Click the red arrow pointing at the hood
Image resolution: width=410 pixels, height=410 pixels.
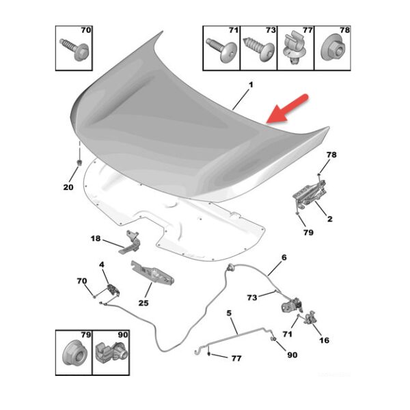click(x=287, y=109)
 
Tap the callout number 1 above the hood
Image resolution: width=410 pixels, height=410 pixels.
click(x=251, y=85)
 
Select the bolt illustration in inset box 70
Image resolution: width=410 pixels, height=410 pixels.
click(x=74, y=49)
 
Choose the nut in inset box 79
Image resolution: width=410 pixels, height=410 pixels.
click(x=74, y=355)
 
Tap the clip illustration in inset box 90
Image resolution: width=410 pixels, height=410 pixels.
click(x=111, y=353)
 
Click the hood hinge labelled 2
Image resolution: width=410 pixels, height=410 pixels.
click(x=310, y=195)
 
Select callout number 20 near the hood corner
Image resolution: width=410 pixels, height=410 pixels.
click(x=68, y=187)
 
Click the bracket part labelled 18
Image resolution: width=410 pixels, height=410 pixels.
click(x=130, y=242)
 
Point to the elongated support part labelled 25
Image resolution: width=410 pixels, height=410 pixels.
click(x=152, y=274)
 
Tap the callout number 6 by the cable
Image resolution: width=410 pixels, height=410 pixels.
click(x=284, y=258)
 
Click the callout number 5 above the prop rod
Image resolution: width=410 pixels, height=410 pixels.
click(x=229, y=313)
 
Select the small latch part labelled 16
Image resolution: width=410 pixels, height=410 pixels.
click(x=310, y=318)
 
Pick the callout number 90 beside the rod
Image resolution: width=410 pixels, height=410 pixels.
click(x=292, y=355)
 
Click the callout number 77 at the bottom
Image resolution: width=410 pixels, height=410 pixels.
click(x=236, y=358)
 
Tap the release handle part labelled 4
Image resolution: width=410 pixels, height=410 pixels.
click(x=113, y=290)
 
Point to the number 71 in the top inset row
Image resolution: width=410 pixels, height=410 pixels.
click(x=234, y=30)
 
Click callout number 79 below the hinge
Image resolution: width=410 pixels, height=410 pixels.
click(x=308, y=232)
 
